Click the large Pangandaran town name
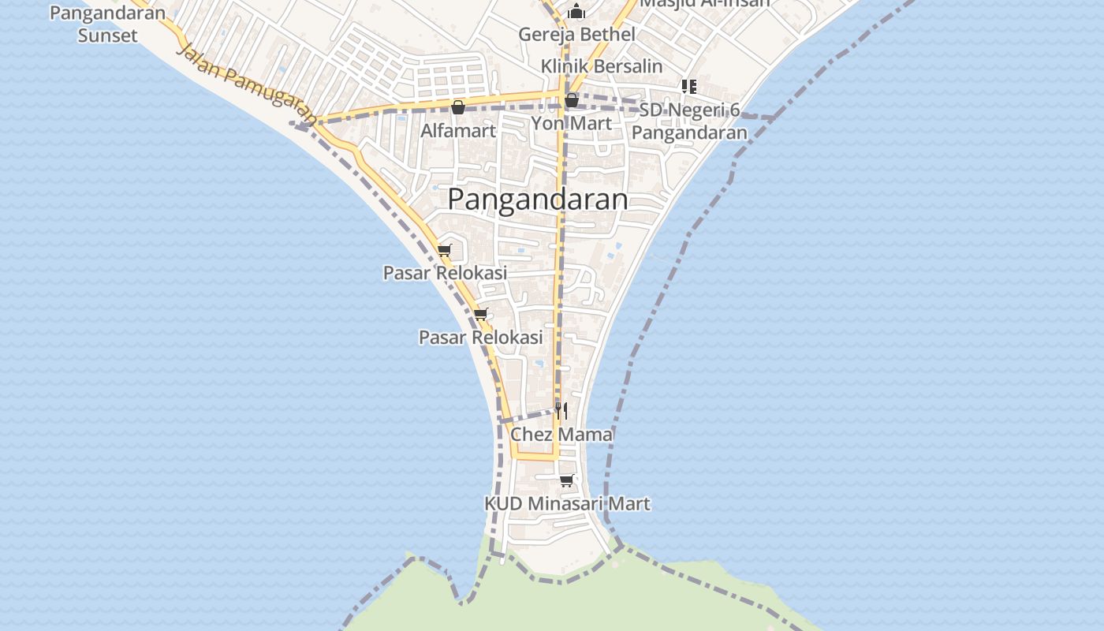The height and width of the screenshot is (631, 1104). [x=538, y=200]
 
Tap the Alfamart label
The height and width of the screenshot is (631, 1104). [x=457, y=131]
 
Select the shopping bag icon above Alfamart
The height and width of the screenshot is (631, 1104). [x=457, y=107]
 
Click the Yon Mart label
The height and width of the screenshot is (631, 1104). [x=571, y=123]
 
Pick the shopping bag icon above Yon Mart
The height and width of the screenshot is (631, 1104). [x=572, y=100]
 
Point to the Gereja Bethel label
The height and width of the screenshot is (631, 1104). [x=576, y=35]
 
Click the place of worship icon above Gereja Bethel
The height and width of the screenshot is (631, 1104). [x=576, y=11]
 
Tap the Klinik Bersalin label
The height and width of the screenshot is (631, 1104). [x=602, y=66]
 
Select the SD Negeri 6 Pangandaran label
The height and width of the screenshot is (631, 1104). [x=689, y=121]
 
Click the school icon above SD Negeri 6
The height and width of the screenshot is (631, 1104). [x=689, y=86]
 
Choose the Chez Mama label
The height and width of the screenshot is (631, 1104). [x=561, y=435]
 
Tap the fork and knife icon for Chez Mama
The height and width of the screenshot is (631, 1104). [x=561, y=410]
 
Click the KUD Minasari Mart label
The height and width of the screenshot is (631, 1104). [x=567, y=503]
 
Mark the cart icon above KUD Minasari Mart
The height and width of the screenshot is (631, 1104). [x=566, y=480]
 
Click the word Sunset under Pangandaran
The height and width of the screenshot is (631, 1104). [x=108, y=35]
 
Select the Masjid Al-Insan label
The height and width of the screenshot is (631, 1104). [x=704, y=3]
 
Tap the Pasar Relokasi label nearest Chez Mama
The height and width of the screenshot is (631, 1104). [x=480, y=338]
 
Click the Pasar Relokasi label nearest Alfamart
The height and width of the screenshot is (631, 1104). [x=445, y=273]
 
